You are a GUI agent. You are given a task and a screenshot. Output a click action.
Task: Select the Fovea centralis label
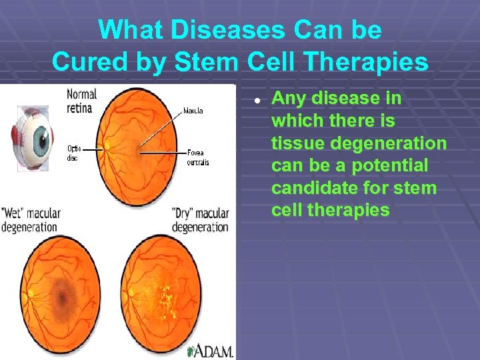[x=198, y=157]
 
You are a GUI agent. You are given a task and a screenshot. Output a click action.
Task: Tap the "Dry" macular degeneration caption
[x=200, y=220]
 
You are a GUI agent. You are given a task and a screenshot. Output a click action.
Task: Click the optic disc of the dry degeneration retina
[x=131, y=291]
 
